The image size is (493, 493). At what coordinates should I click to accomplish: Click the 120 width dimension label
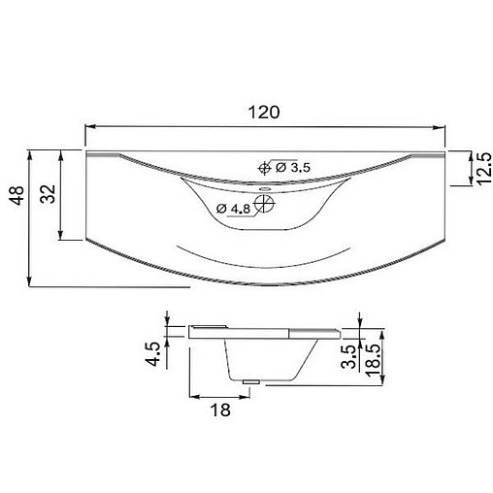268,112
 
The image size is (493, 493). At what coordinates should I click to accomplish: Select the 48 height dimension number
16,199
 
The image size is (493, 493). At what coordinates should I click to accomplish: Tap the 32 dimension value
46,193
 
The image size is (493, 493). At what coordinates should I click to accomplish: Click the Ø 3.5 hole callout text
292,169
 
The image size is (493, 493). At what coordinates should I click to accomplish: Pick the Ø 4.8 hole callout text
234,208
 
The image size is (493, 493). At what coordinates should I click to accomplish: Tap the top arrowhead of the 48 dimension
32,154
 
